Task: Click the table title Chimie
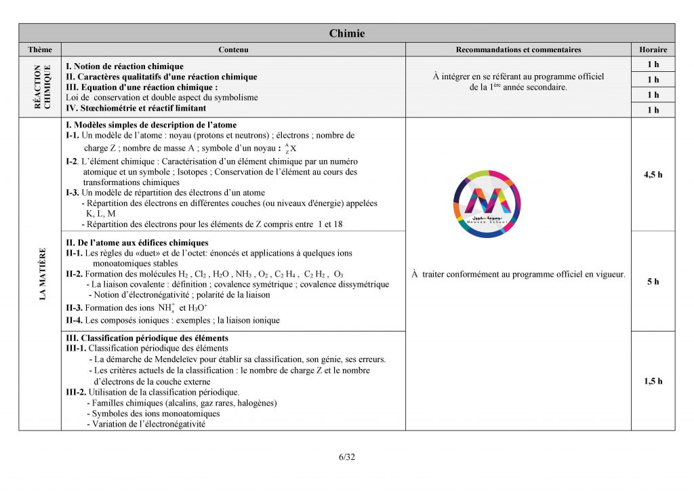[x=347, y=33]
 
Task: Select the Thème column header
[x=40, y=50]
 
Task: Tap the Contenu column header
[x=233, y=50]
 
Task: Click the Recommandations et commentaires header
[x=518, y=50]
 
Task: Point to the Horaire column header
[x=653, y=50]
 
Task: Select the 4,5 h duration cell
[x=653, y=174]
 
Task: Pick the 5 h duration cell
[x=653, y=281]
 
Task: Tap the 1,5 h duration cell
[x=653, y=381]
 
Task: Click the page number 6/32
[x=347, y=456]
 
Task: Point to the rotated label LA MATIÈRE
[x=42, y=274]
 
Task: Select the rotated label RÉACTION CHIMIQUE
[x=42, y=87]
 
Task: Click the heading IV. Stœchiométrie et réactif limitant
[x=136, y=108]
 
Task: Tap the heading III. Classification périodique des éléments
[x=146, y=338]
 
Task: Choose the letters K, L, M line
[x=100, y=213]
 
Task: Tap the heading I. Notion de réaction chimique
[x=125, y=66]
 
